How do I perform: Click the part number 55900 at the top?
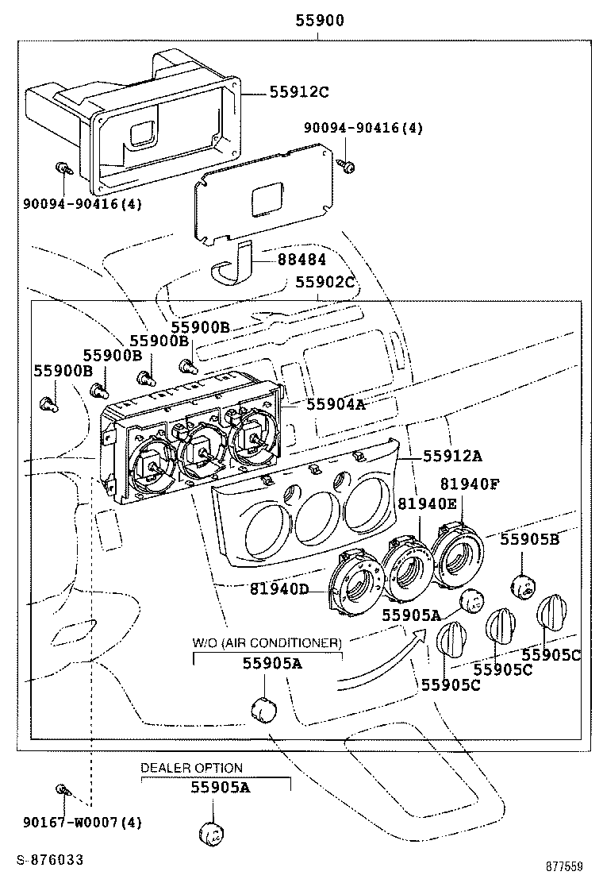320,21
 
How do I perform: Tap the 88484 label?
301,260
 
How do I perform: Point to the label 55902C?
325,282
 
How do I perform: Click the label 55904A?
336,404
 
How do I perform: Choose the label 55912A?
453,456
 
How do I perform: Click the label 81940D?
279,588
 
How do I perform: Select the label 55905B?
530,539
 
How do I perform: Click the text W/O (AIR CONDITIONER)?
267,642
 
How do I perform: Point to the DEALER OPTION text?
191,768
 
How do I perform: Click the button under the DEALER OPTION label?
209,832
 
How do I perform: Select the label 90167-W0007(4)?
83,823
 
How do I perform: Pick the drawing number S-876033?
48,859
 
